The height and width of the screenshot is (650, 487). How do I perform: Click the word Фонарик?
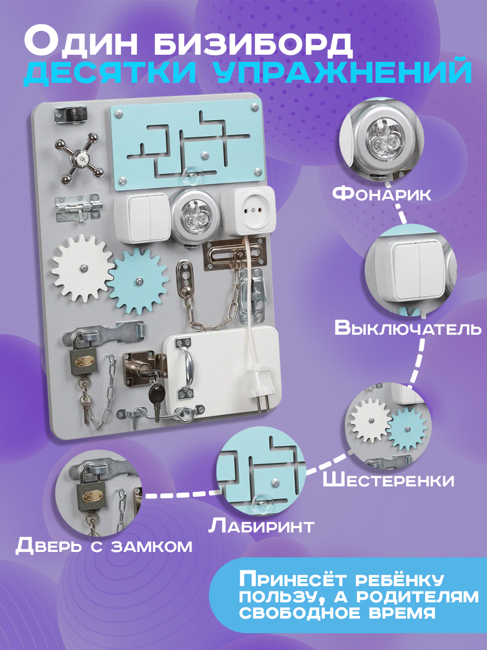click(x=381, y=194)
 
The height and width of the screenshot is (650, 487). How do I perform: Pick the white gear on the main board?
click(x=83, y=268)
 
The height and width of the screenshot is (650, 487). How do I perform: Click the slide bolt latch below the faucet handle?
click(x=78, y=209)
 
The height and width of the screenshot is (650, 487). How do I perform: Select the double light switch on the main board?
click(x=142, y=217)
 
